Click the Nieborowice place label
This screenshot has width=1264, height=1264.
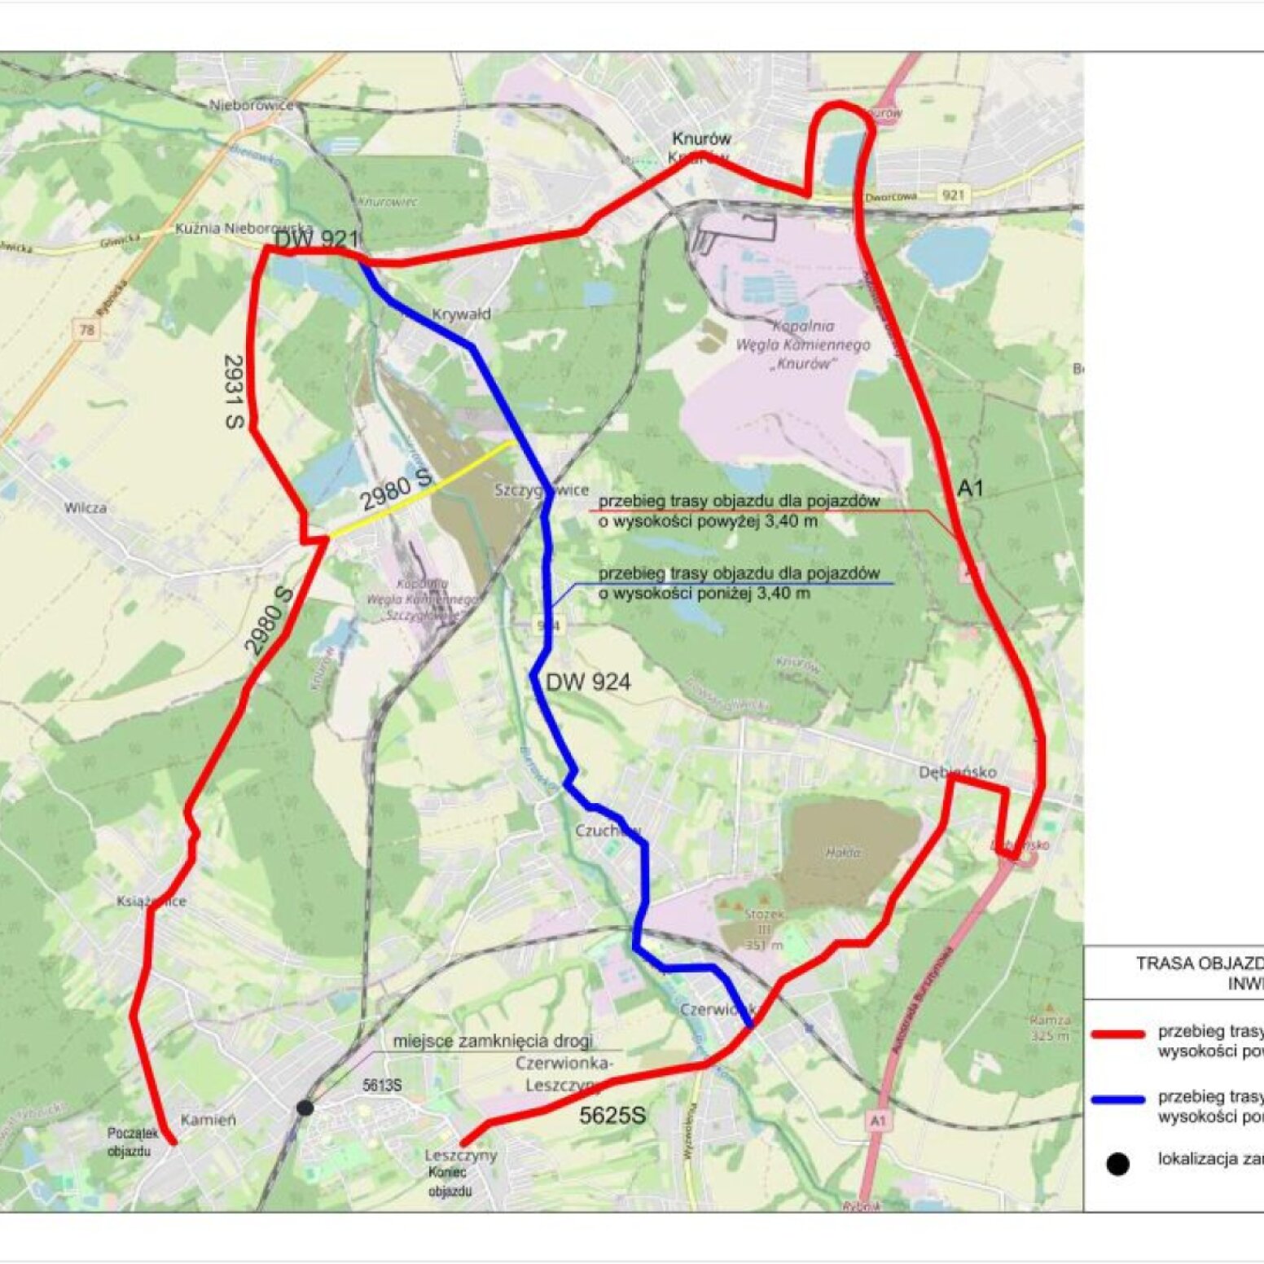(251, 105)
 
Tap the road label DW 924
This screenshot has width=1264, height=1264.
(588, 682)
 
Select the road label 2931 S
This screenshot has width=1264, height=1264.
(235, 391)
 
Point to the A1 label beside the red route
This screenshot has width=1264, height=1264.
(970, 488)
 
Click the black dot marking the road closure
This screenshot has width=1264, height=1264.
(305, 1108)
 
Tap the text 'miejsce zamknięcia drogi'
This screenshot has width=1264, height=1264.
(493, 1041)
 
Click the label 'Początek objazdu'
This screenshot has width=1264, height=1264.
(131, 1142)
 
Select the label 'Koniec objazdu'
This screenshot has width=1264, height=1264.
(450, 1182)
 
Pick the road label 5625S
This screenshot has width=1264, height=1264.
(612, 1115)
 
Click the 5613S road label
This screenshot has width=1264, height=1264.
(382, 1086)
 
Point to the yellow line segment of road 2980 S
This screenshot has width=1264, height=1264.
(424, 489)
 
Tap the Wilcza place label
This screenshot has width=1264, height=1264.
(86, 507)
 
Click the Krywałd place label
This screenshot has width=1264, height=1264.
(461, 314)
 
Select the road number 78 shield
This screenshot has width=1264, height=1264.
(87, 330)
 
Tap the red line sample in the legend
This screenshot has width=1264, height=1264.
(1117, 1034)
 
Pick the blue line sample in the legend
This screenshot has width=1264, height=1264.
(1117, 1099)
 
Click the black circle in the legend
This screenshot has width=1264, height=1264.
(1118, 1164)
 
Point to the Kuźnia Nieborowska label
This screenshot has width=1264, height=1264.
(244, 228)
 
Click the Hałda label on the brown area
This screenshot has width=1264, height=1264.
(844, 853)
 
